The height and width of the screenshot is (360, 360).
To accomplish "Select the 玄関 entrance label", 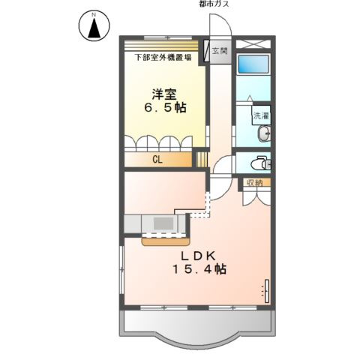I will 220,51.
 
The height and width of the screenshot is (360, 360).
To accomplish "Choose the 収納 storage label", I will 253,181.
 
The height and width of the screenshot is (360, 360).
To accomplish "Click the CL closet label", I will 158,159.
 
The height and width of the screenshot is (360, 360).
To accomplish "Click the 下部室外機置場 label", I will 162,57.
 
